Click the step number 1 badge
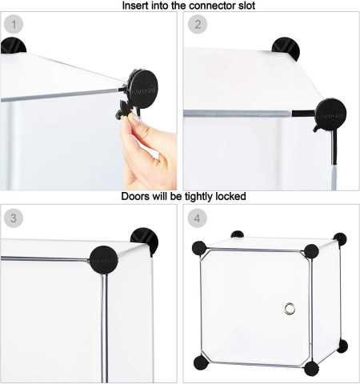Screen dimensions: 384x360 [13, 24]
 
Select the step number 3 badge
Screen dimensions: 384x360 [13, 218]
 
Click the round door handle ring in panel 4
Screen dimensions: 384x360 [290, 309]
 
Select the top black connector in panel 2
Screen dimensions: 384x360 [286, 48]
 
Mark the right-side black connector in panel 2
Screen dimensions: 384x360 [330, 114]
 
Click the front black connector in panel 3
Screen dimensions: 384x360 [103, 259]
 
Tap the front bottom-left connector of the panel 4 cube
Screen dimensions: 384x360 [201, 362]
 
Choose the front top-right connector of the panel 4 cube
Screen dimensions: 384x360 [311, 251]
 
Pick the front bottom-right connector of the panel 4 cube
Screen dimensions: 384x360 [311, 368]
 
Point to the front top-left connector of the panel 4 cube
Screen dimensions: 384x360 [199, 248]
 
